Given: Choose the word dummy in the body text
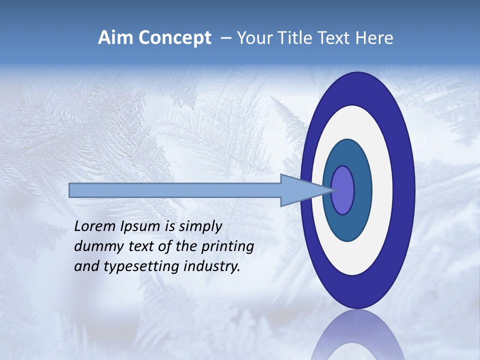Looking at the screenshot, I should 96,246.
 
